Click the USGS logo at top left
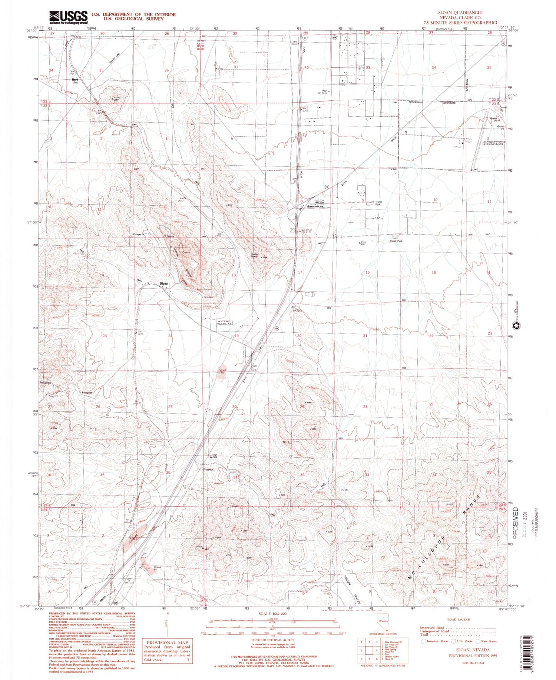pyautogui.click(x=69, y=17)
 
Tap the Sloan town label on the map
pyautogui.click(x=164, y=283)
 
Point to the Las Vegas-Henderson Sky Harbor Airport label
pyautogui.click(x=492, y=143)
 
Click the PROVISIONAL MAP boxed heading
pyautogui.click(x=168, y=643)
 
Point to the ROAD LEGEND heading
pyautogui.click(x=458, y=619)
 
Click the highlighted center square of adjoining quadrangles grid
pyautogui.click(x=368, y=650)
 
